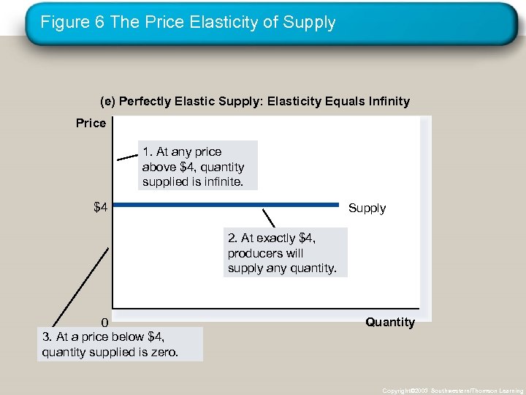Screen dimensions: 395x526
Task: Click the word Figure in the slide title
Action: click(61, 23)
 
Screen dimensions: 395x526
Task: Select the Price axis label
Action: click(91, 123)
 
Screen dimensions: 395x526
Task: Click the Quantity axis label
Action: click(390, 323)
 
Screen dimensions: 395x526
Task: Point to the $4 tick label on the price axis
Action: click(100, 208)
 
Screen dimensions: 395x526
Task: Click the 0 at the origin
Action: click(104, 323)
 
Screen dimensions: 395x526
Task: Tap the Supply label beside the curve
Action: click(367, 208)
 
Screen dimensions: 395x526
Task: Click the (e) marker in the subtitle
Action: click(107, 101)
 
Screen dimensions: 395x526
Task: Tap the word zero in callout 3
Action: click(164, 353)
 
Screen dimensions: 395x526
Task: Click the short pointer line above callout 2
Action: click(268, 218)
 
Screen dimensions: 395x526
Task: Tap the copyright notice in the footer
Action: click(452, 391)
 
